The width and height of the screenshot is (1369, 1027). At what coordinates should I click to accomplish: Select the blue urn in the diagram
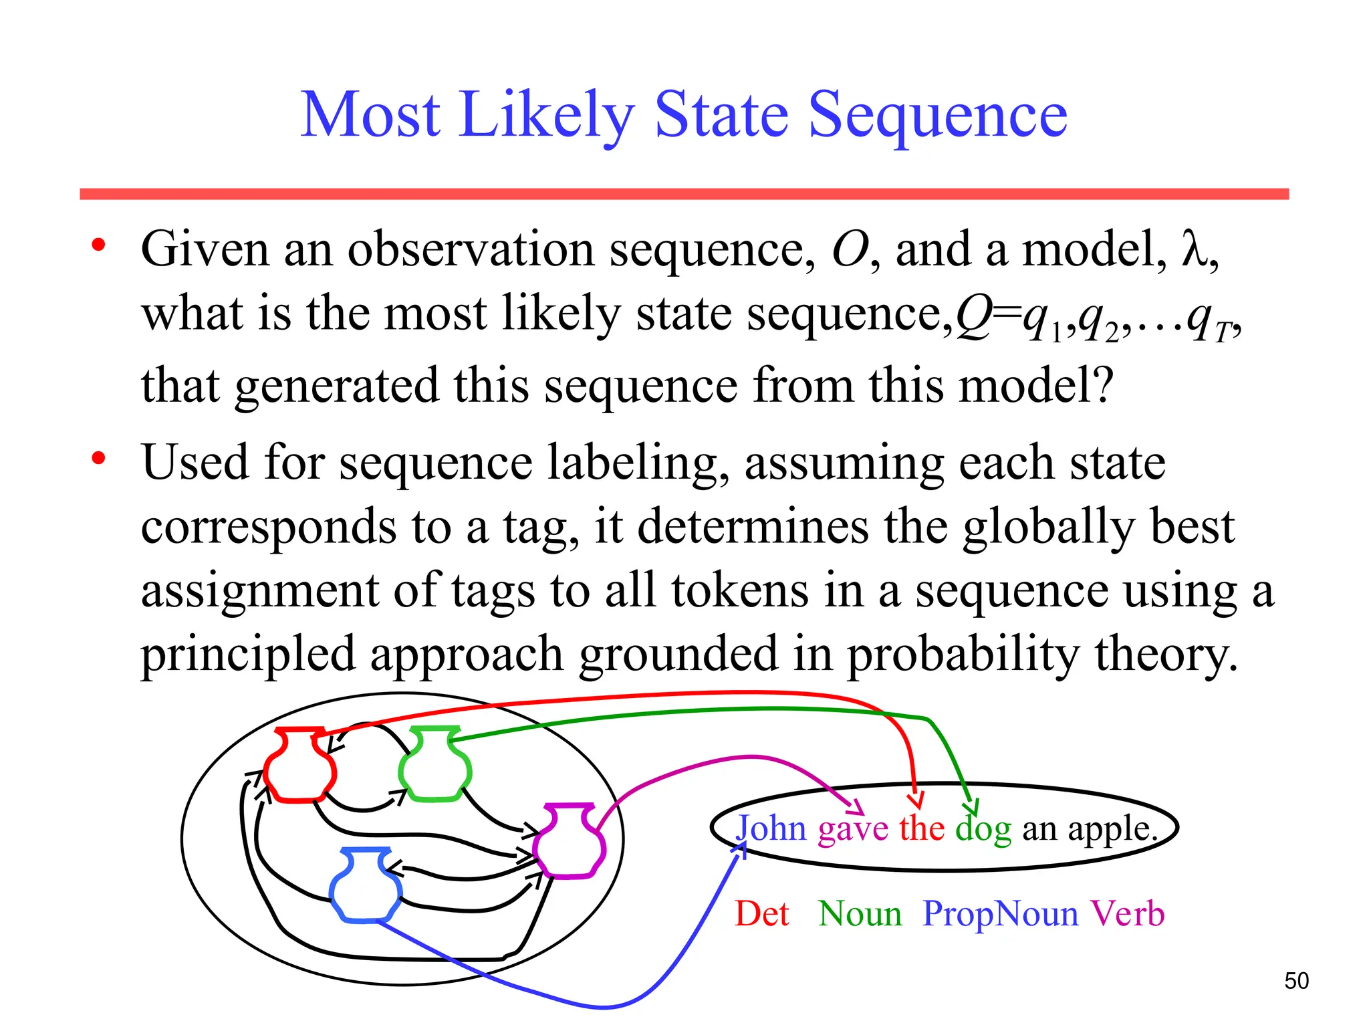tap(366, 885)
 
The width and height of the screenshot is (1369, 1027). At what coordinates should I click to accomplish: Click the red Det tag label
tap(762, 914)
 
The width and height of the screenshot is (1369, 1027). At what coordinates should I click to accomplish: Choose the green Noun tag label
tap(860, 914)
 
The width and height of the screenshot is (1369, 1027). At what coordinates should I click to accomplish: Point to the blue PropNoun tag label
tap(1000, 914)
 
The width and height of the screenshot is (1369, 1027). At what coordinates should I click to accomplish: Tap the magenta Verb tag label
tap(1127, 914)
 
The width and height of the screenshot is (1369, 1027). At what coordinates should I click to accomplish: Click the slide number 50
tap(1296, 981)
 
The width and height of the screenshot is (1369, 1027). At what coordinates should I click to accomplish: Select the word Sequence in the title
tap(937, 116)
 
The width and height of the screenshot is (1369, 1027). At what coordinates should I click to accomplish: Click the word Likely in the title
tap(545, 116)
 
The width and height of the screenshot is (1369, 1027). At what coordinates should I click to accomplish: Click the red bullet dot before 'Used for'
tap(99, 459)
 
